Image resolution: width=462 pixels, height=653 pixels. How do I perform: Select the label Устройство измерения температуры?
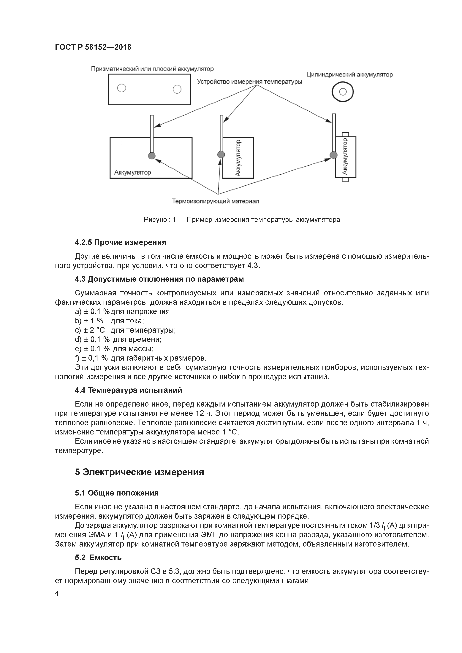[x=249, y=82]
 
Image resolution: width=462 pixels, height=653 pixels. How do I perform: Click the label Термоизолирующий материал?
[x=216, y=201]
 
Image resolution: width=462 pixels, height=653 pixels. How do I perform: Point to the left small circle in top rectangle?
[x=121, y=88]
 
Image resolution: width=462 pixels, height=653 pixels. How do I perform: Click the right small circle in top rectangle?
[x=177, y=89]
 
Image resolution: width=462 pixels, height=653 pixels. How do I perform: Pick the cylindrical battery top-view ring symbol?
[x=343, y=92]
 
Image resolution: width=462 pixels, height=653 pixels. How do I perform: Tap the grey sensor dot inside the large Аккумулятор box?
[x=152, y=156]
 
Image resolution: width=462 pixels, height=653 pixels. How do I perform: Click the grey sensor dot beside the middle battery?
[x=221, y=155]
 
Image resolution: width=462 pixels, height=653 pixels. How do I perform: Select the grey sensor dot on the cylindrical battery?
[x=333, y=155]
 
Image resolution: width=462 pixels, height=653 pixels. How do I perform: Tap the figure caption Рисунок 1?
[x=242, y=220]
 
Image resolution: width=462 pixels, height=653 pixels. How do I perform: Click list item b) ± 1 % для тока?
[x=110, y=321]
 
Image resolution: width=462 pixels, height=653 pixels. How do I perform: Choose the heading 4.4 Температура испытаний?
[x=128, y=390]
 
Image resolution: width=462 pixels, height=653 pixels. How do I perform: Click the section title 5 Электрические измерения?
[x=140, y=472]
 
